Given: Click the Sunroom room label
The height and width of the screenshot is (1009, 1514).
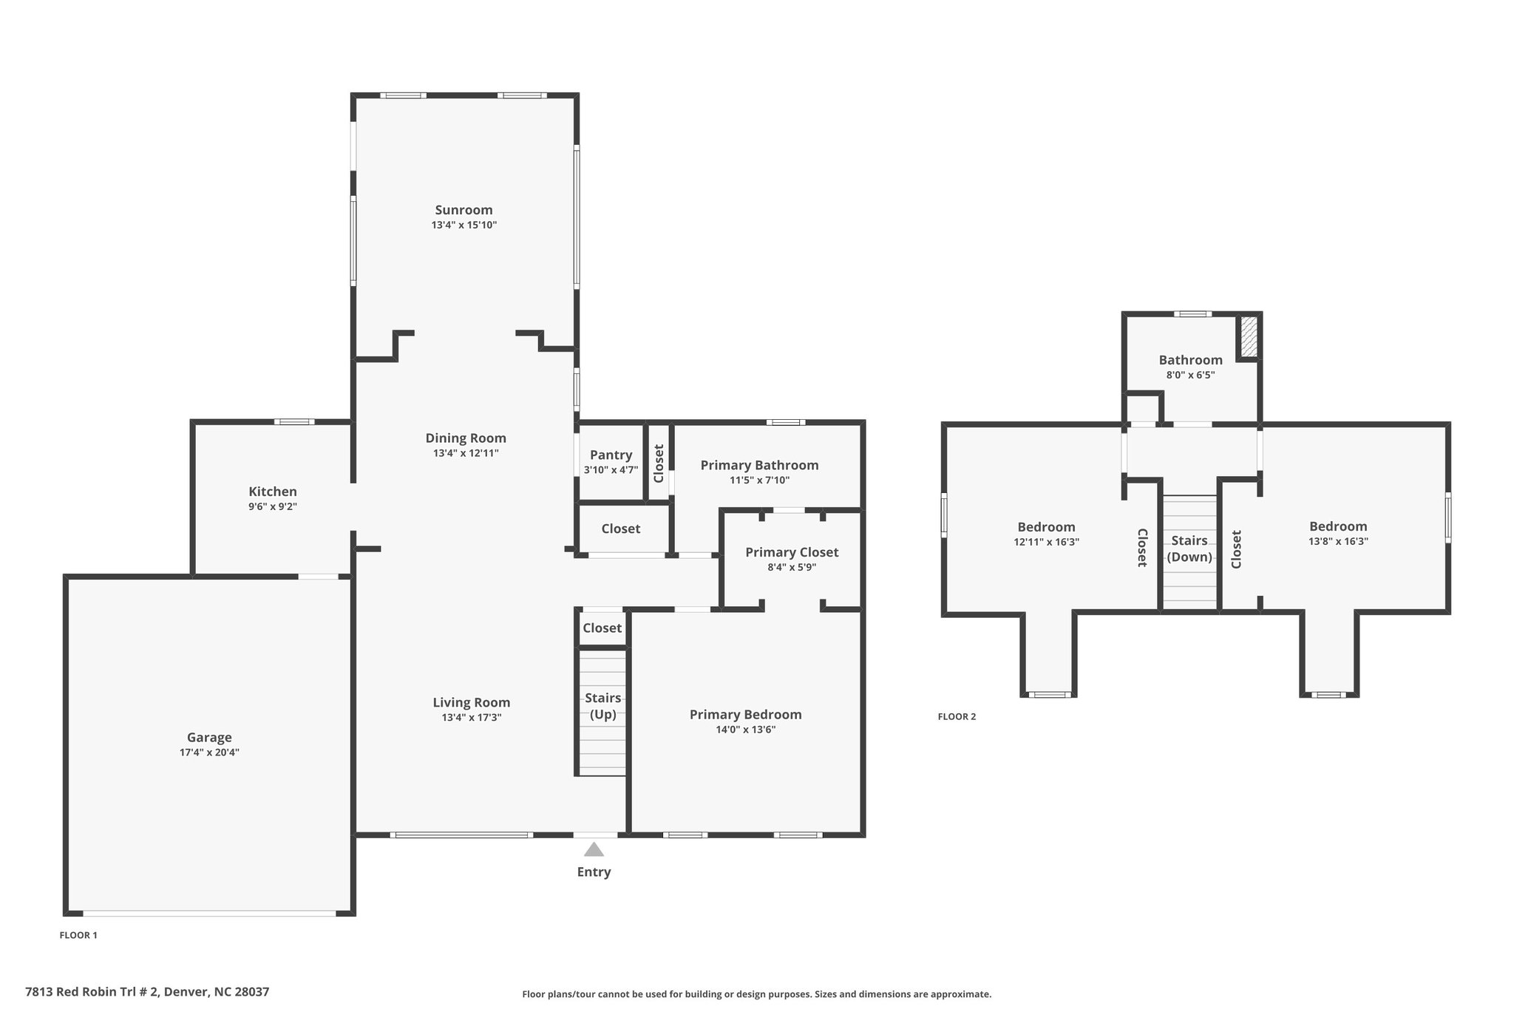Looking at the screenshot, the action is (x=464, y=210).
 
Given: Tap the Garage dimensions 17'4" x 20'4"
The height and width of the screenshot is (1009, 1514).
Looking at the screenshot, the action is (x=209, y=752).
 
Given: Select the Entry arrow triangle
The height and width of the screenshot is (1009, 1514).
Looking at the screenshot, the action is (x=594, y=849).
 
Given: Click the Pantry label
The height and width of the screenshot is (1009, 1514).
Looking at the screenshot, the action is (x=611, y=455).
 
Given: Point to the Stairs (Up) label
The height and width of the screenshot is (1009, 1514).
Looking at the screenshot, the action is (x=602, y=706).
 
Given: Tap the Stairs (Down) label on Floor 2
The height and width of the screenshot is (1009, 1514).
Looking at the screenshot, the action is (x=1189, y=548).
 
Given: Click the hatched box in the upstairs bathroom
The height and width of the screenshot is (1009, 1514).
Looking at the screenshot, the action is (x=1249, y=336).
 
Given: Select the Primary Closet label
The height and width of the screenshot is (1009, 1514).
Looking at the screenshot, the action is (x=792, y=552).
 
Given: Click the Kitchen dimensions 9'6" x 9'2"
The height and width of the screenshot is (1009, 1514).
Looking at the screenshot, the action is (x=273, y=506).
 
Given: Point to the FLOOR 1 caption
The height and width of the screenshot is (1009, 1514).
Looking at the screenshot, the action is (x=78, y=935).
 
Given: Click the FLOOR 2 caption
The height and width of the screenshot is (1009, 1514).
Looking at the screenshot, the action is (x=957, y=716).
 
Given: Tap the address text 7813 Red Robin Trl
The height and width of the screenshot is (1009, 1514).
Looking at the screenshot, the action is (x=92, y=992).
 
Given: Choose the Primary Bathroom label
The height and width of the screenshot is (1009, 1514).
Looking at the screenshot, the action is (x=759, y=465).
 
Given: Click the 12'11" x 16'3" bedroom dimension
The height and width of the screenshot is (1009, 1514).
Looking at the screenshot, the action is (x=1046, y=542).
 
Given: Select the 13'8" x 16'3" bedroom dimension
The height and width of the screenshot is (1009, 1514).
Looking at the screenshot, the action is (x=1338, y=541).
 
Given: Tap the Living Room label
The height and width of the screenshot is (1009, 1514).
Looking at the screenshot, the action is (x=472, y=702).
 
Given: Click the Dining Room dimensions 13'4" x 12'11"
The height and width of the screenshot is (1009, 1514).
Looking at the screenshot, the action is (x=466, y=453).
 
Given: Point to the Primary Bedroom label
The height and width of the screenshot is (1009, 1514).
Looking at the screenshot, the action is (x=745, y=714).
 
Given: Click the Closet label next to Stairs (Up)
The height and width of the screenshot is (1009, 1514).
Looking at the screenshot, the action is (x=602, y=628).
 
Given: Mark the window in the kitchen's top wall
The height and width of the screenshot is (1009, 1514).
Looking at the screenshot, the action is (x=294, y=422).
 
